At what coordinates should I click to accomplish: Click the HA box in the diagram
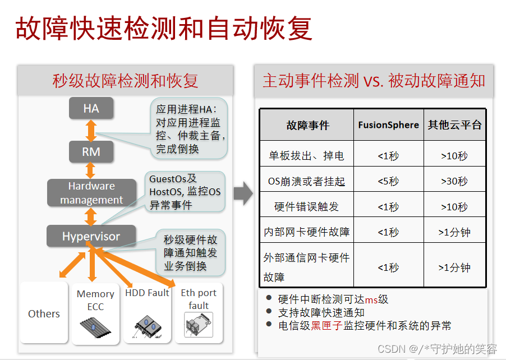point(91,108)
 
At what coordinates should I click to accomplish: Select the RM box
point(91,151)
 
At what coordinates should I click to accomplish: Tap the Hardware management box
point(91,193)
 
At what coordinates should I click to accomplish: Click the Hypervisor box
point(91,236)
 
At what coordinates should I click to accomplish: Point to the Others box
point(44,314)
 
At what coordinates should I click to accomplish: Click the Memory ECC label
point(95,300)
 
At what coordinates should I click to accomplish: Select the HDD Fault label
point(147,293)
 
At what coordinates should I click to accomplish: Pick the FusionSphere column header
point(388,125)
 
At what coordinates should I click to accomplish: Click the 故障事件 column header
point(307,125)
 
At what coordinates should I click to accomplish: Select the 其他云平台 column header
point(454,125)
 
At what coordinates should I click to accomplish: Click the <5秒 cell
point(388,181)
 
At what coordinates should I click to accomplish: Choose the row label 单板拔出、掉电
point(306,155)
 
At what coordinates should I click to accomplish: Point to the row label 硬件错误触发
point(306,207)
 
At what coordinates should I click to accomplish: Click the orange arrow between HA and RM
point(91,130)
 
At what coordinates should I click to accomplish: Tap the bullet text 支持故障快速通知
point(321,312)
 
